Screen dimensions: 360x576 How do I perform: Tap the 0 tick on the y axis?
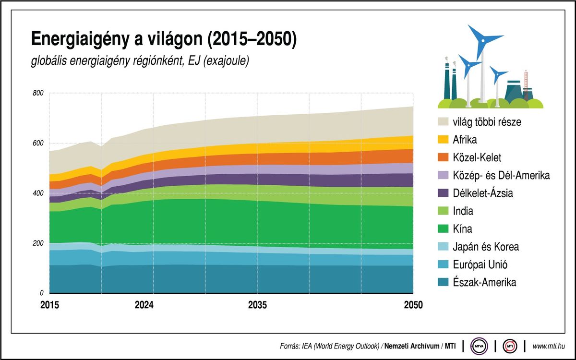42,293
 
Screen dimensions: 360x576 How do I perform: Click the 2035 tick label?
258,305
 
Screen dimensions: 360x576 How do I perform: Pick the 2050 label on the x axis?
413,305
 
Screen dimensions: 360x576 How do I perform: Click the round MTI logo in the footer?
510,346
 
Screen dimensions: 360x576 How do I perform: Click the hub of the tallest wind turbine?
480,41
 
